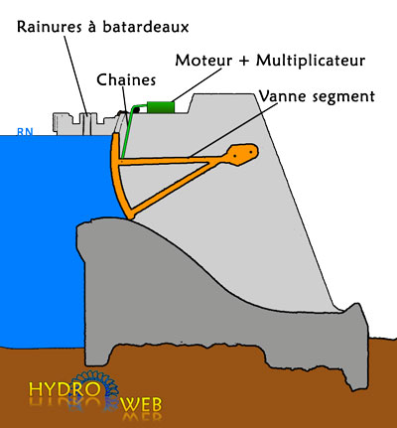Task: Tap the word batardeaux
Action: pyautogui.click(x=145, y=27)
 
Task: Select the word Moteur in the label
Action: pyautogui.click(x=203, y=61)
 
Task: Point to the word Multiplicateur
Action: pyautogui.click(x=311, y=61)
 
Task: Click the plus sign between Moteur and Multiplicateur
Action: pyautogui.click(x=243, y=62)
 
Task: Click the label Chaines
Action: pyautogui.click(x=126, y=80)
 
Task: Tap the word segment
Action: pyautogui.click(x=340, y=97)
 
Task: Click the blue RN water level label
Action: pyautogui.click(x=25, y=132)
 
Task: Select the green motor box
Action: pyautogui.click(x=161, y=107)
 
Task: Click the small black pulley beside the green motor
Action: pyautogui.click(x=136, y=110)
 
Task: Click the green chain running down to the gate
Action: pyautogui.click(x=129, y=129)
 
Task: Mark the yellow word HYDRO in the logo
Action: pyautogui.click(x=65, y=389)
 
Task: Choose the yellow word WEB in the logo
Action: pyautogui.click(x=142, y=404)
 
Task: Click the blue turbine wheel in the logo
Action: pyautogui.click(x=94, y=389)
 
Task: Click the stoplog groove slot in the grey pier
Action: pyautogui.click(x=86, y=124)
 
